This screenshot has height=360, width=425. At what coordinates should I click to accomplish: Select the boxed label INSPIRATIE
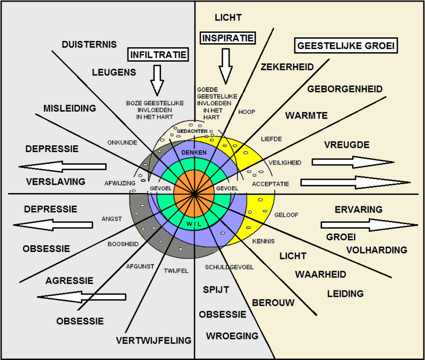[227, 38]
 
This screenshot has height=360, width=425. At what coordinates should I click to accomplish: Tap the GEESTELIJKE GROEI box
[346, 46]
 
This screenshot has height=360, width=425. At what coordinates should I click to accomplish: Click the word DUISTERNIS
[89, 45]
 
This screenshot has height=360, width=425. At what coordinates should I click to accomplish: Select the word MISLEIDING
[70, 108]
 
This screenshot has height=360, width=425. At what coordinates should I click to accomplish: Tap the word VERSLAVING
[55, 181]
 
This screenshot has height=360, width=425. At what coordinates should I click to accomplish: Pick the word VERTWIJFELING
[154, 340]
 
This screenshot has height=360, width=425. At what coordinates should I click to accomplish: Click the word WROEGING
[232, 336]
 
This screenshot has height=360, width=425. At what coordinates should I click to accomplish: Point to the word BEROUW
[273, 303]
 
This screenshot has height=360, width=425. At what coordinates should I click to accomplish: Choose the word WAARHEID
[320, 274]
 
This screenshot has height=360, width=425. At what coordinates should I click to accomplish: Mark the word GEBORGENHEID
[345, 89]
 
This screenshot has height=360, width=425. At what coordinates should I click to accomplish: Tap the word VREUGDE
[346, 145]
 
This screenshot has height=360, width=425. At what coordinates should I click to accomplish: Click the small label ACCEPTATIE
[270, 184]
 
